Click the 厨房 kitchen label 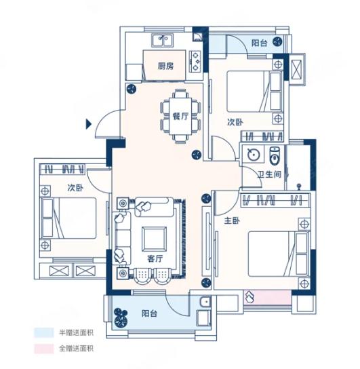pyautogui.click(x=166, y=66)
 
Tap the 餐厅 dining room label pyautogui.click(x=180, y=116)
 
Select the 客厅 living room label pyautogui.click(x=155, y=258)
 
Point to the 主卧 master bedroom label pyautogui.click(x=232, y=220)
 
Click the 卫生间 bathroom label pyautogui.click(x=269, y=174)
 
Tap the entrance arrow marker pyautogui.click(x=88, y=124)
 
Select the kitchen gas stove pyautogui.click(x=196, y=61)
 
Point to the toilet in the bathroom pyautogui.click(x=275, y=155)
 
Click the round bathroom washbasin pyautogui.click(x=254, y=155)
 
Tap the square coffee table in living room pyautogui.click(x=155, y=239)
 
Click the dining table pyautogui.click(x=180, y=116)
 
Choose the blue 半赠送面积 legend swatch pyautogui.click(x=44, y=333)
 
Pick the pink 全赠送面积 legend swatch pyautogui.click(x=44, y=349)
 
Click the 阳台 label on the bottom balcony pyautogui.click(x=150, y=313)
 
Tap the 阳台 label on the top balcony pyautogui.click(x=260, y=43)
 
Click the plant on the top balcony pyautogui.click(x=278, y=42)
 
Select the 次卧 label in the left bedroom pyautogui.click(x=75, y=188)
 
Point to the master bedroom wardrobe pyautogui.click(x=275, y=200)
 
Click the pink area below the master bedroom pyautogui.click(x=267, y=298)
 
